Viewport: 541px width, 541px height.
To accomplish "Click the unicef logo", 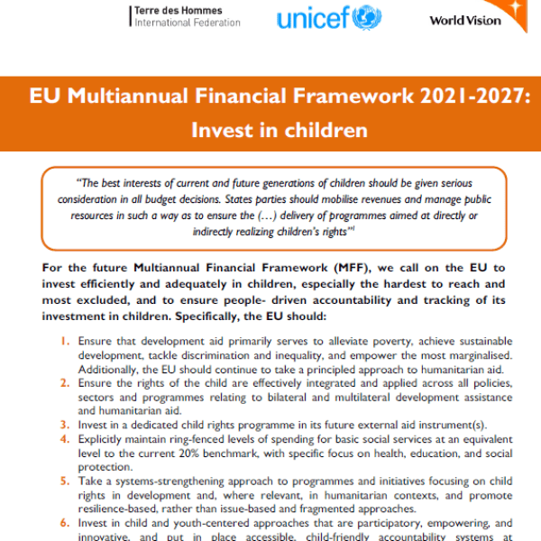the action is pos(329,18).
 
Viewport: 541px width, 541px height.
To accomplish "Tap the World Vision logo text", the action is pos(465,20).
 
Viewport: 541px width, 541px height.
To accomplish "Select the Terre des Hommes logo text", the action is pos(187,15).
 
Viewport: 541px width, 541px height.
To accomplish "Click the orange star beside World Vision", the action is pos(520,9).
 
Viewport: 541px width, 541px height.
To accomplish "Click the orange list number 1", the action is pos(65,343).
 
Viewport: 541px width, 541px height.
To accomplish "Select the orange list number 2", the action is pos(65,382).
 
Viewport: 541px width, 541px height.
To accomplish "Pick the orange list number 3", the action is pos(65,424).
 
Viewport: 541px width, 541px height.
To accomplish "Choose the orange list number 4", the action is pos(65,438).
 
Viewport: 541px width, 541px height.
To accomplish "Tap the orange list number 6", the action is pos(65,522).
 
